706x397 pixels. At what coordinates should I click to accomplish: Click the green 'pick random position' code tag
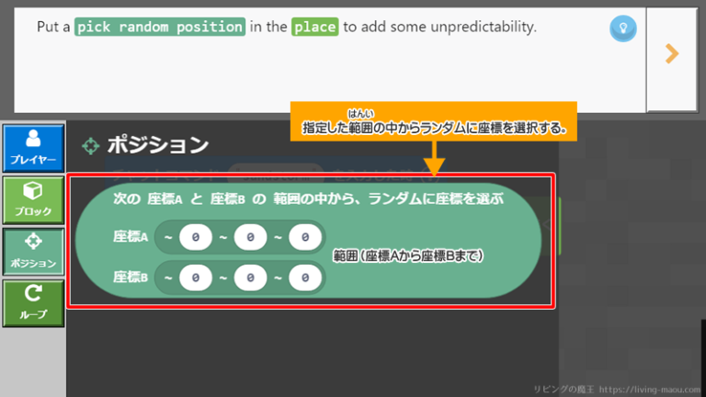pyautogui.click(x=160, y=27)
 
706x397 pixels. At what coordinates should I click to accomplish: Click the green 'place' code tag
pyautogui.click(x=314, y=27)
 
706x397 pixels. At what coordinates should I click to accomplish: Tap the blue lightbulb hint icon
pyautogui.click(x=623, y=29)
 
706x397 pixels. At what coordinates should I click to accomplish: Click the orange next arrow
pyautogui.click(x=672, y=54)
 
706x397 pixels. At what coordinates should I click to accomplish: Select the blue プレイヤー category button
pyautogui.click(x=33, y=148)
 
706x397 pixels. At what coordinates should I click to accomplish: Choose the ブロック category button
pyautogui.click(x=33, y=199)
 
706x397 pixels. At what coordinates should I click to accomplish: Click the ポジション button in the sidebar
pyautogui.click(x=33, y=251)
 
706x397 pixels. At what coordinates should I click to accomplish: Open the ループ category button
pyautogui.click(x=33, y=302)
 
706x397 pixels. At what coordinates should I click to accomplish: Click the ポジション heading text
pyautogui.click(x=158, y=145)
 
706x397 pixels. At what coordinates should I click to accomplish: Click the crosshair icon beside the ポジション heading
pyautogui.click(x=91, y=145)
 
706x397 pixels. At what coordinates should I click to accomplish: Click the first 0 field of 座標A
pyautogui.click(x=196, y=238)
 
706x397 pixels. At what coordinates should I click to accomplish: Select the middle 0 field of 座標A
pyautogui.click(x=250, y=238)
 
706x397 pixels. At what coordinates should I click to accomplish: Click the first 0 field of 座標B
pyautogui.click(x=196, y=276)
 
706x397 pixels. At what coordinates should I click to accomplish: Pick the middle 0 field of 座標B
pyautogui.click(x=250, y=276)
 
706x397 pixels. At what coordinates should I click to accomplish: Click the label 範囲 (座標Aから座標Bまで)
pyautogui.click(x=407, y=255)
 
